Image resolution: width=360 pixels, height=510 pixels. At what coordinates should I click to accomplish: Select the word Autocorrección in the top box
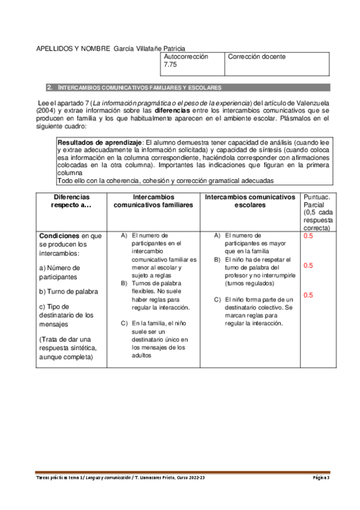tap(186, 56)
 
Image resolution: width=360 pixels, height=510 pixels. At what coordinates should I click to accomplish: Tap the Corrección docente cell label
tap(257, 57)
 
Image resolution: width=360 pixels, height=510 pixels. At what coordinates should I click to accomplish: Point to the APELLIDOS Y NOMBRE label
tap(73, 48)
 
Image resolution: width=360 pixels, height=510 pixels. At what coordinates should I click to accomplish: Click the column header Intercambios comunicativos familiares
tap(154, 201)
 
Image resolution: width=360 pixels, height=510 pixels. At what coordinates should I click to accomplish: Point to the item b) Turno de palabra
tap(68, 292)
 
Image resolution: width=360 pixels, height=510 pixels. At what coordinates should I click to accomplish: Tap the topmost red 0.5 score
tap(308, 236)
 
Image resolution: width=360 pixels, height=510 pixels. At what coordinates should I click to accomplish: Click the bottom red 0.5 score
tap(308, 295)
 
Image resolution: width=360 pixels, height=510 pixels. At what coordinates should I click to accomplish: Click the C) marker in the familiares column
tap(124, 323)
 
